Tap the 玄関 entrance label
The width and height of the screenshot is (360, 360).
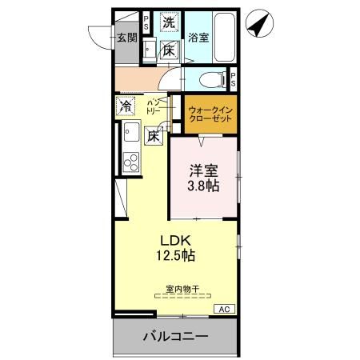126,37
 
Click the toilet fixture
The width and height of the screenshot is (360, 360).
210,80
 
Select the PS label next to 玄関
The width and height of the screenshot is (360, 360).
146,26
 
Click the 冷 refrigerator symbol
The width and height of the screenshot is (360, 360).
126,106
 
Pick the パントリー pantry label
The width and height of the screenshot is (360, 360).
154,108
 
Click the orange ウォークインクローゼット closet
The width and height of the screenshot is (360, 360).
211,114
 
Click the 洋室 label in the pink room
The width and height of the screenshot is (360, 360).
203,170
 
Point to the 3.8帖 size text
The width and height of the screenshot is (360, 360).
203,186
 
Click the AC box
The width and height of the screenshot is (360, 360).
224,309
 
